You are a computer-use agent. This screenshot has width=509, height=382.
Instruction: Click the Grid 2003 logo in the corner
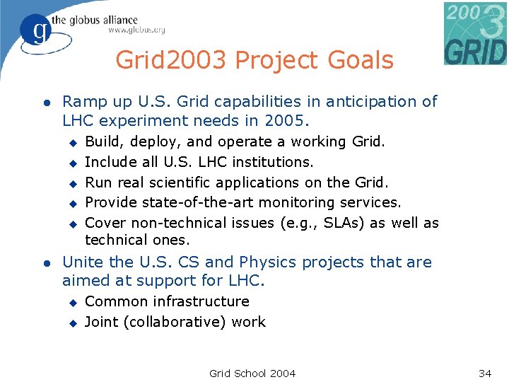click(475, 33)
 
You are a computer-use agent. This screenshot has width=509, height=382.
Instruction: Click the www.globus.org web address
click(136, 30)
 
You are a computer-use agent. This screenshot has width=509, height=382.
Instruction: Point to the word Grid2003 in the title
click(172, 61)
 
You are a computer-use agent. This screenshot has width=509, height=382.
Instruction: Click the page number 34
click(484, 373)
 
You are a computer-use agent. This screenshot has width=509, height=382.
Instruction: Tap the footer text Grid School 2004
click(252, 373)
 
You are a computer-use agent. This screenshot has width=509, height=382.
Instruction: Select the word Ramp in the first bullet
click(82, 102)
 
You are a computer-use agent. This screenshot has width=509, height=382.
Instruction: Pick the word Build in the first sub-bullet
click(101, 142)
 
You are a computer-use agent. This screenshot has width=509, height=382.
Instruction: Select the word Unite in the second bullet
click(83, 262)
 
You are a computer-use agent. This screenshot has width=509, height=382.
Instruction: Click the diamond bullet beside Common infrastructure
click(71, 302)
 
